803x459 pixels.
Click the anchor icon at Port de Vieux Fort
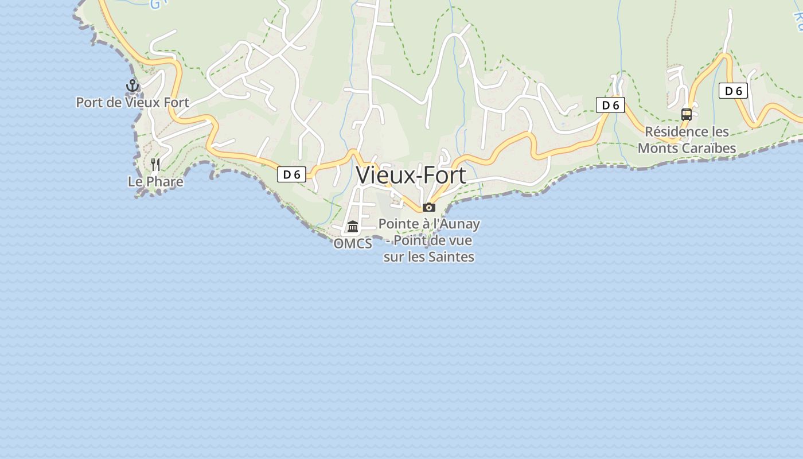coord(132,86)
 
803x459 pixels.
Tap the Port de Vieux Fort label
coord(132,103)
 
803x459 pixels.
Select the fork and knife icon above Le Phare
coord(155,165)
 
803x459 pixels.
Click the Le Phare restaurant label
coord(155,182)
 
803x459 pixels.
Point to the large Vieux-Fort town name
coord(411,175)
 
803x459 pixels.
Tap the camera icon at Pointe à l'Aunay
coord(429,207)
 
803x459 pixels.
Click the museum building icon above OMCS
coord(353,227)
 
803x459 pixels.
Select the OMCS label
coord(353,244)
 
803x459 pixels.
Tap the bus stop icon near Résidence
coord(686,114)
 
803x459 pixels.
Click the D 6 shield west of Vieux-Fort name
coord(291,174)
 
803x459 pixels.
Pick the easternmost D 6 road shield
coord(733,91)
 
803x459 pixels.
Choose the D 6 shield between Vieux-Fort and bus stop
coord(610,105)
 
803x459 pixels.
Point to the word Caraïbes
coord(708,148)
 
